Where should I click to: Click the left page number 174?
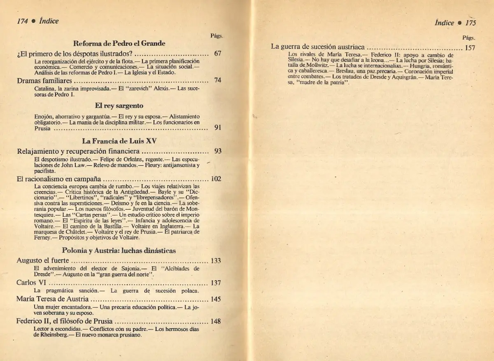click(x=22, y=21)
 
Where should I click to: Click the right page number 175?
click(x=470, y=23)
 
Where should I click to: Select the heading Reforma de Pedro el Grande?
click(x=119, y=43)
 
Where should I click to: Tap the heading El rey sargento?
click(x=119, y=106)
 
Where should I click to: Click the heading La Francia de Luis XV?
click(x=119, y=141)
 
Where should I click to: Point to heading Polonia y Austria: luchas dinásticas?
click(x=119, y=250)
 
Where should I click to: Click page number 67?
click(x=218, y=54)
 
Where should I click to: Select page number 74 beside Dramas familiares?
click(x=218, y=80)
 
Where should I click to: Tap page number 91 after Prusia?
click(x=218, y=127)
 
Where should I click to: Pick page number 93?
click(x=218, y=151)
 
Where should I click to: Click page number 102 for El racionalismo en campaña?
click(x=216, y=179)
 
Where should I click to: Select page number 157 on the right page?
click(x=470, y=47)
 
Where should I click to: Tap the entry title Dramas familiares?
click(x=44, y=80)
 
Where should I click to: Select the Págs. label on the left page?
click(x=217, y=36)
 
